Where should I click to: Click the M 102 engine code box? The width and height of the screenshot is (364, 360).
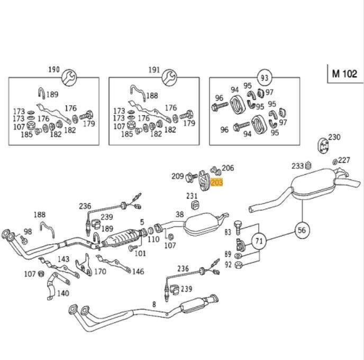344,74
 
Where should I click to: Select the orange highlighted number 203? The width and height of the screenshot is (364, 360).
217,183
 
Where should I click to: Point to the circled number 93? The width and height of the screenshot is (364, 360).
263,77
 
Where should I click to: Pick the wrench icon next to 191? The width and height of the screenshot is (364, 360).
169,77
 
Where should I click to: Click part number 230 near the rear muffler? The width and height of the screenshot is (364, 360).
334,138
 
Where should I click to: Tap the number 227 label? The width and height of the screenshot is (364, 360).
344,160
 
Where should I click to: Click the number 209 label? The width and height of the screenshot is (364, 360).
177,176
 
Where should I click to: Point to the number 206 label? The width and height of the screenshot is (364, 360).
228,168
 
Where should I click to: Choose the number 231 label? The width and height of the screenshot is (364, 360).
192,196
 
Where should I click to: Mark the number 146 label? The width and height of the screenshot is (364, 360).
138,272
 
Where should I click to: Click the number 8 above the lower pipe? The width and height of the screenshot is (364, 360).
154,304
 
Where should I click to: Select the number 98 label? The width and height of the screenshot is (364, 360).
27,231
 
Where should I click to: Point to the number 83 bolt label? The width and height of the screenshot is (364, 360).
228,232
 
